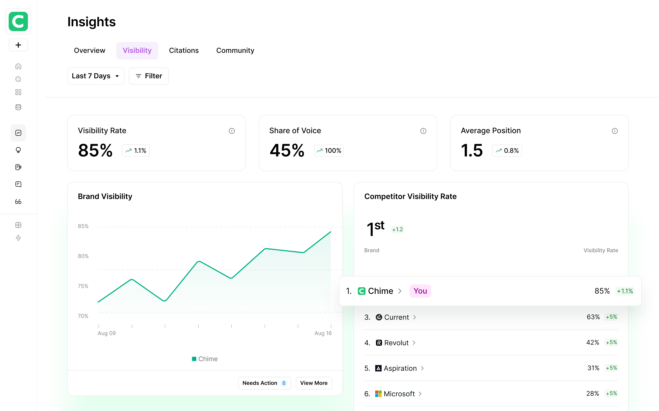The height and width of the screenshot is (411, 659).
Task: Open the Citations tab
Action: [184, 51]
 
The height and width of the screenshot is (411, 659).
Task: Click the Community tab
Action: [235, 51]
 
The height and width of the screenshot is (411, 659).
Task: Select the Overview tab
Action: [89, 51]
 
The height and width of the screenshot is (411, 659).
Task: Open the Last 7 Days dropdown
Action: [96, 76]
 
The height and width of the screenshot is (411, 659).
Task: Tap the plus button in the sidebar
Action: [18, 45]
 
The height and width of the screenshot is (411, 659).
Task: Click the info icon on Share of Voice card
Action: [423, 131]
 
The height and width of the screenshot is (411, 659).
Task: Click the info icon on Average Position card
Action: [614, 131]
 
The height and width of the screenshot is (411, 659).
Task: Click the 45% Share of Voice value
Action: [287, 150]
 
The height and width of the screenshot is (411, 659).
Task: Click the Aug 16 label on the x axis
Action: [323, 333]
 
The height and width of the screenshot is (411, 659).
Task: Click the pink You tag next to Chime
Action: [420, 291]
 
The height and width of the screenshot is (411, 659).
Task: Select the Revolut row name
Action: [396, 343]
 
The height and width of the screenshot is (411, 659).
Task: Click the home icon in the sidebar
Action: [18, 66]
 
